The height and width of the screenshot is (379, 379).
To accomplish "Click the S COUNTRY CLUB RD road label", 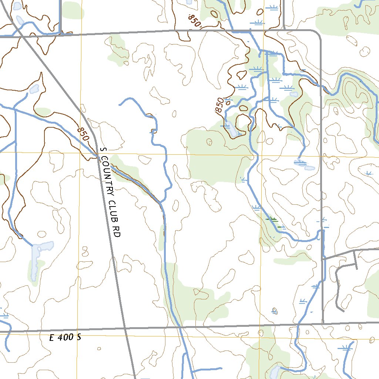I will coord(111,192).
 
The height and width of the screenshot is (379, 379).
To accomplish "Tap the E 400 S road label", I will coord(65,338).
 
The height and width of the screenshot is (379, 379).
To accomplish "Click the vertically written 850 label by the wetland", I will coord(219,105).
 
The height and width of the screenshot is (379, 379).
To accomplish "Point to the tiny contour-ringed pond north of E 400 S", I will coord(275,310).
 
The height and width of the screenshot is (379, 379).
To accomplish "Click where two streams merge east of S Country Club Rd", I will coord(162,203).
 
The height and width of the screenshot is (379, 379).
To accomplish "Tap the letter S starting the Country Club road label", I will coord(103,150).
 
